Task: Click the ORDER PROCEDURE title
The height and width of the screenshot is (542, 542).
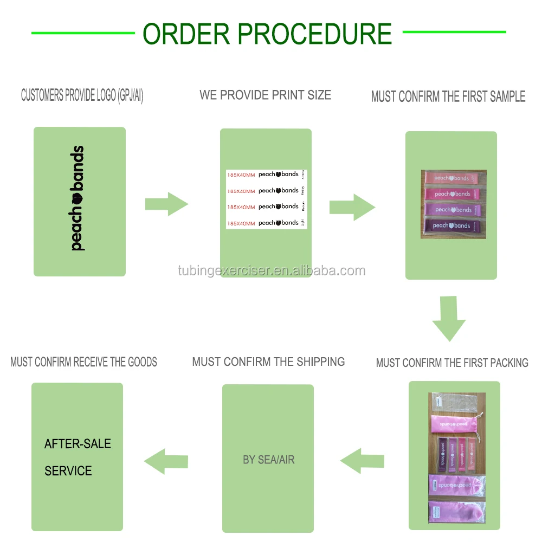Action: [x=267, y=34]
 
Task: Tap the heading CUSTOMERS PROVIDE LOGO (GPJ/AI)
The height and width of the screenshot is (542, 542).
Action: [x=82, y=96]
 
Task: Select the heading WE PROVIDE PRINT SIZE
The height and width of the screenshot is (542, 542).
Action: [x=265, y=95]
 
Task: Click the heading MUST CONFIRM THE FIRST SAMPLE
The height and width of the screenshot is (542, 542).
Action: [x=448, y=96]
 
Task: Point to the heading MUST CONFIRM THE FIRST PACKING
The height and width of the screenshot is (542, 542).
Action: [x=452, y=363]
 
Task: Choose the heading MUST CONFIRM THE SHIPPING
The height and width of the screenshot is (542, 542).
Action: [x=268, y=362]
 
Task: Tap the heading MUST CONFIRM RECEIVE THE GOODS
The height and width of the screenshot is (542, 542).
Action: [x=83, y=362]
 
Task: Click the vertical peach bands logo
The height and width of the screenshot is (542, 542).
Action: [x=77, y=198]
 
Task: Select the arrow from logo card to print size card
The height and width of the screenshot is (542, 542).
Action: [x=166, y=204]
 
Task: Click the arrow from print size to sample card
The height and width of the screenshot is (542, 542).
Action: [x=352, y=207]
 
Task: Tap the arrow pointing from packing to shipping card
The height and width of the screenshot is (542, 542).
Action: [x=362, y=461]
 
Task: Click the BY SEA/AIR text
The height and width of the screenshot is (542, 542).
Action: [x=268, y=460]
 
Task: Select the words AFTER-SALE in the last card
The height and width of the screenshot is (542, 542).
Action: [x=78, y=444]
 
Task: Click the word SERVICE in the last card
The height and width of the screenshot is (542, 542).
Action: [x=68, y=470]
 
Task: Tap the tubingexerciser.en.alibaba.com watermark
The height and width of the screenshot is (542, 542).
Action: [x=272, y=270]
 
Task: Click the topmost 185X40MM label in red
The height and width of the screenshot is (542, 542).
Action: [x=241, y=175]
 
